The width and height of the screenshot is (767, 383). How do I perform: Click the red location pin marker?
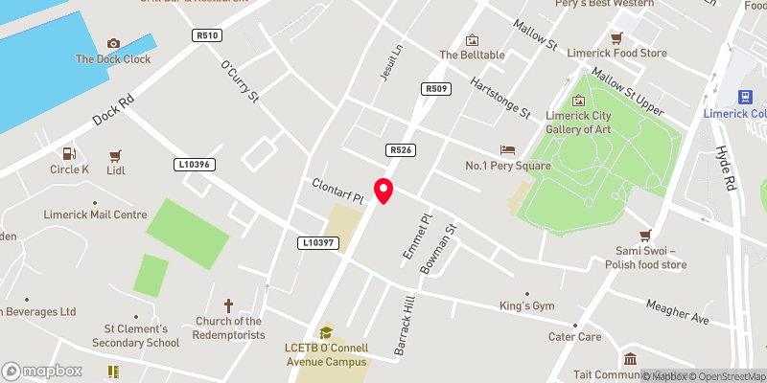(383, 191)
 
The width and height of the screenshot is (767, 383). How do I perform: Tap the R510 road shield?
(206, 35)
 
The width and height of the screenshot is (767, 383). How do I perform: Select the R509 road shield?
(435, 89)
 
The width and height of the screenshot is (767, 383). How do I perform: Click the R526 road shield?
(400, 150)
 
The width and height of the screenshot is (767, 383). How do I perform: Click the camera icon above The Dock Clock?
(114, 43)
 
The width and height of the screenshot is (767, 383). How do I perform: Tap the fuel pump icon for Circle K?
(68, 153)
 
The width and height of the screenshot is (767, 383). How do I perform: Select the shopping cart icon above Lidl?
(115, 154)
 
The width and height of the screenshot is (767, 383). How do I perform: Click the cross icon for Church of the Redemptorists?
(228, 305)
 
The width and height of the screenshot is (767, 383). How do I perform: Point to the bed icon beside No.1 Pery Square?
(507, 150)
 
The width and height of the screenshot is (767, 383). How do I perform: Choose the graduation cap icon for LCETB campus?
(325, 332)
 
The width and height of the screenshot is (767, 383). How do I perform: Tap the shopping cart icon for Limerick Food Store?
(616, 38)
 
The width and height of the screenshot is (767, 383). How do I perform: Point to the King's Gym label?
(527, 305)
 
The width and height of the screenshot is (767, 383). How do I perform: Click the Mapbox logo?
(41, 371)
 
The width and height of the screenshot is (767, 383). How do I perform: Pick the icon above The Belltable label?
(472, 39)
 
